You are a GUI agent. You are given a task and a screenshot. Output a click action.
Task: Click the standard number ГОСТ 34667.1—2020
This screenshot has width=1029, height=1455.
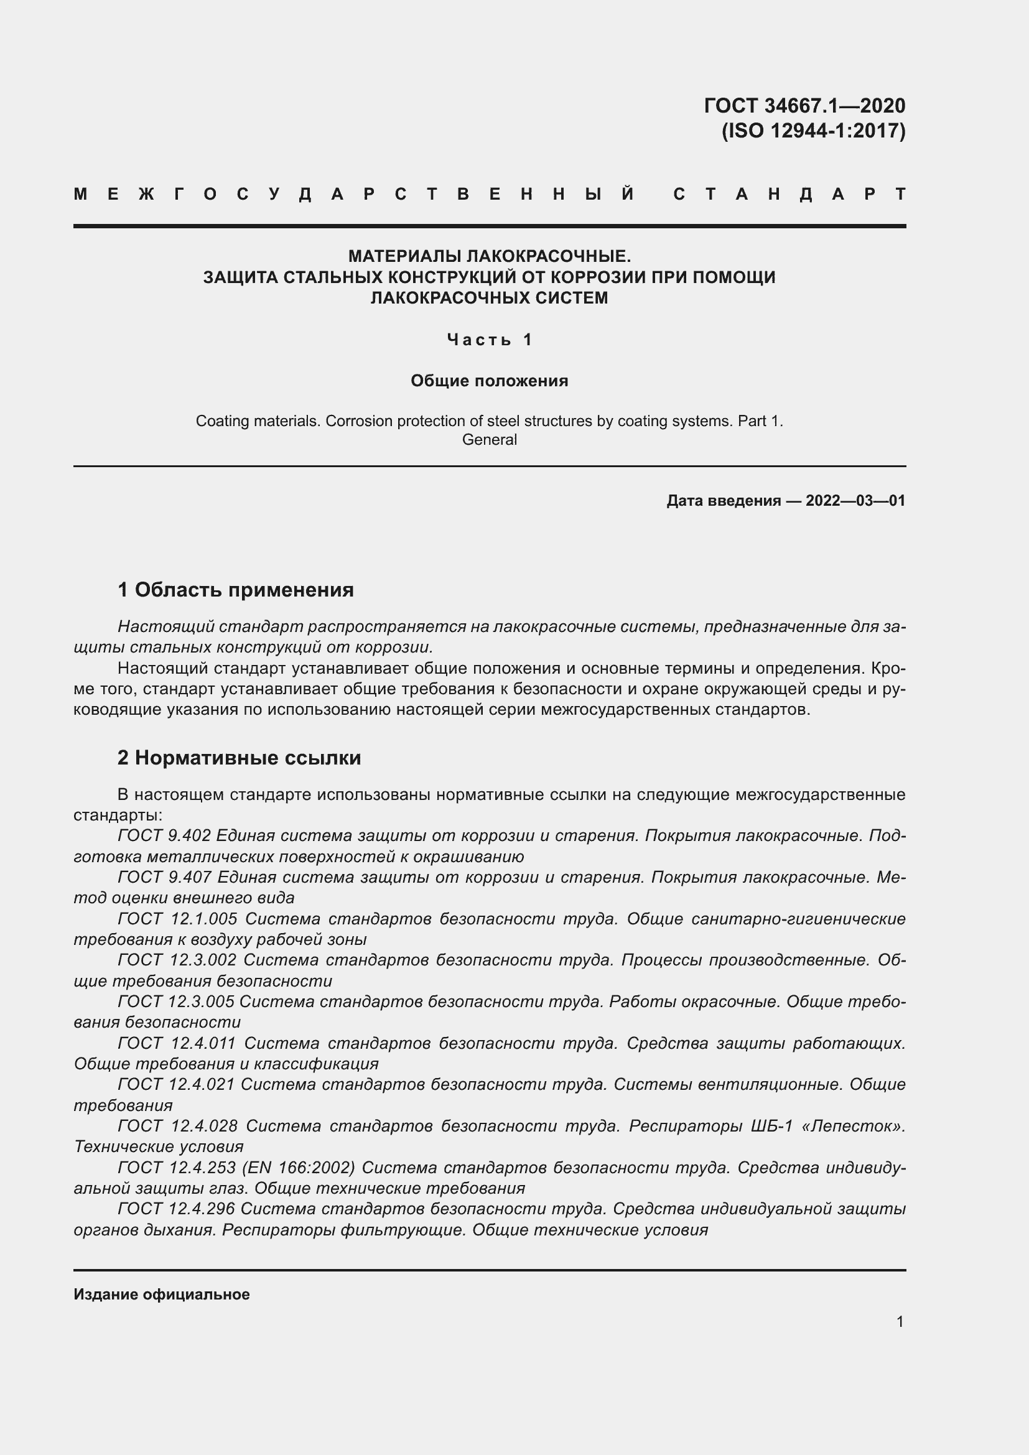804,106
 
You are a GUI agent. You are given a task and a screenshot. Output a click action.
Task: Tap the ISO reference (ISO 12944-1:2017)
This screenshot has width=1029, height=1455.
814,131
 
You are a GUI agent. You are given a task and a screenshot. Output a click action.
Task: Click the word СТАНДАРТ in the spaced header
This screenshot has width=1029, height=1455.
789,195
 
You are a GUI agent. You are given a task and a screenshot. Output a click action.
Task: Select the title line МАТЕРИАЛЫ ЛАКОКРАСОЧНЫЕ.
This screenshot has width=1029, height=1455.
489,257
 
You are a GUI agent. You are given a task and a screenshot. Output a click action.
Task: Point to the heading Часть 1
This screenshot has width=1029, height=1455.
489,340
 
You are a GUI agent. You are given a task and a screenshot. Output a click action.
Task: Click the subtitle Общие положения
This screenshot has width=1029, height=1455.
489,381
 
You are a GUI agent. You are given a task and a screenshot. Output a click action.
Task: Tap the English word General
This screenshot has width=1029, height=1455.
489,440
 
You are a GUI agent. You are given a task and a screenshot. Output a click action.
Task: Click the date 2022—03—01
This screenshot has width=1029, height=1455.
855,501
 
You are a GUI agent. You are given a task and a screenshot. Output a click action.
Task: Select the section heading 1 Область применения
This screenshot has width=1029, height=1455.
236,590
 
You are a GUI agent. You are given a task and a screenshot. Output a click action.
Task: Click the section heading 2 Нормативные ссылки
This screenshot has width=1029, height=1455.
240,758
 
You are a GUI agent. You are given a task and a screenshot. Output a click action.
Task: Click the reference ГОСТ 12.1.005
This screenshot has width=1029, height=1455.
177,919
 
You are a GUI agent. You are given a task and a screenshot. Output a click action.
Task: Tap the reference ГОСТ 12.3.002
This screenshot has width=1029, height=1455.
177,960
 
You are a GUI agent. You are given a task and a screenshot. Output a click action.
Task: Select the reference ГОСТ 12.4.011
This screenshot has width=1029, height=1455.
177,1043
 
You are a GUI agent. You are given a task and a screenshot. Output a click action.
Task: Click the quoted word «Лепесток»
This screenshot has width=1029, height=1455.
853,1126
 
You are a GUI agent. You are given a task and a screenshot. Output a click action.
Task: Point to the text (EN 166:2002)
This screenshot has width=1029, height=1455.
299,1167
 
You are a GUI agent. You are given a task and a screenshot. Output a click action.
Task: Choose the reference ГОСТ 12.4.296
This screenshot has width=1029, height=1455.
176,1209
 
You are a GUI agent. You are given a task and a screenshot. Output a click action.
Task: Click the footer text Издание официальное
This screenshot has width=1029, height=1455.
162,1295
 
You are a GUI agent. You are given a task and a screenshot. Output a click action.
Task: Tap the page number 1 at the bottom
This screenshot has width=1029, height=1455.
900,1322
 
